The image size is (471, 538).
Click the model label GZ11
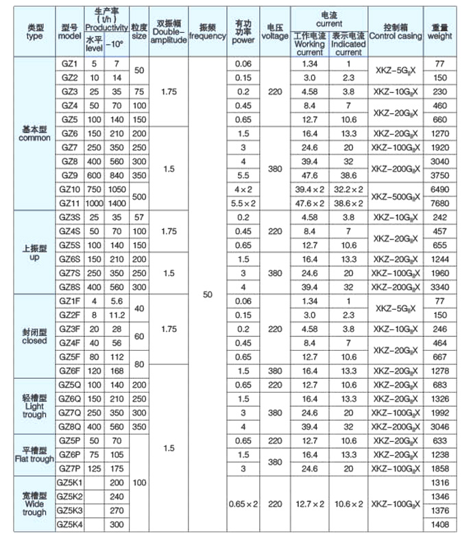(x=69, y=203)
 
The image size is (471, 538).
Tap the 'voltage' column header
(x=275, y=32)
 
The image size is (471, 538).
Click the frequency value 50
(x=208, y=294)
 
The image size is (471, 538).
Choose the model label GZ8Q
(x=69, y=425)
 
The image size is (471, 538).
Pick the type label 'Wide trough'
(x=34, y=503)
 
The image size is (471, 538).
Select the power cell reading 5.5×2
(x=243, y=203)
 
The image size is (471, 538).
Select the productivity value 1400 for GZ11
(x=117, y=203)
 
